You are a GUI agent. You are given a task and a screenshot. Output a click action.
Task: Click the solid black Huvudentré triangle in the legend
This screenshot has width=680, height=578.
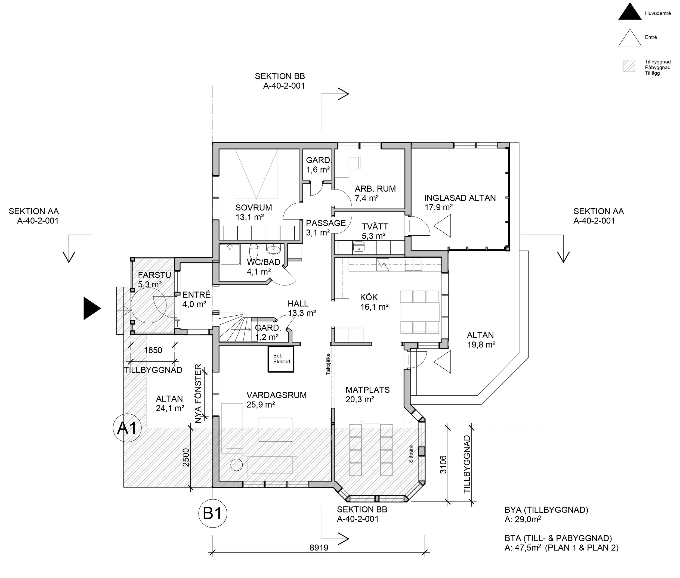(629, 13)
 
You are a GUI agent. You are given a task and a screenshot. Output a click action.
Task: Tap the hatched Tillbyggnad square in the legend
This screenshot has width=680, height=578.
(629, 66)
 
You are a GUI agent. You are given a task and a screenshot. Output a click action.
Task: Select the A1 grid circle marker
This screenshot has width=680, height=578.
(127, 428)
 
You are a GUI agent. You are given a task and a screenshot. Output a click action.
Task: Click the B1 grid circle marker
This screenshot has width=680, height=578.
(213, 514)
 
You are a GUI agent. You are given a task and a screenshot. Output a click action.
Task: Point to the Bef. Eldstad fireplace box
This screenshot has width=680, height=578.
(281, 359)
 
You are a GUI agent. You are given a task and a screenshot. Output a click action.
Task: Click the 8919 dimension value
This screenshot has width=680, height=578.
(319, 548)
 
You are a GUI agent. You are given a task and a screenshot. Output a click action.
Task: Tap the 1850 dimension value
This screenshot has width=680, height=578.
(153, 350)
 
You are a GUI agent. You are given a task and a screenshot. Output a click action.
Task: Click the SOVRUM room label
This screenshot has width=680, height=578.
(254, 208)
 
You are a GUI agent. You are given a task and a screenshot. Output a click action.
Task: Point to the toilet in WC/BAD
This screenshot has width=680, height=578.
(254, 251)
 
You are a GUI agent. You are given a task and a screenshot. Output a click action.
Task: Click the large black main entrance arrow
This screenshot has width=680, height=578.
(91, 308)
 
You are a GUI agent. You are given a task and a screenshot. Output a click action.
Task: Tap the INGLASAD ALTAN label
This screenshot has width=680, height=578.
(460, 198)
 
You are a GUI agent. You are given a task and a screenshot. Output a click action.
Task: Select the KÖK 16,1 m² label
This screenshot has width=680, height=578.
(374, 302)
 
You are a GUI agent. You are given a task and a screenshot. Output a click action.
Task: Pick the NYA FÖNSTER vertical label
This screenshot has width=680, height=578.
(198, 394)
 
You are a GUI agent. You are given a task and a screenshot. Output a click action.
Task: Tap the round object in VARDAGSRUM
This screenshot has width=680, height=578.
(236, 465)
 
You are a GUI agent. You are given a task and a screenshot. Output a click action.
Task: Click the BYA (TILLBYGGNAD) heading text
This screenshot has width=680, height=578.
(546, 510)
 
